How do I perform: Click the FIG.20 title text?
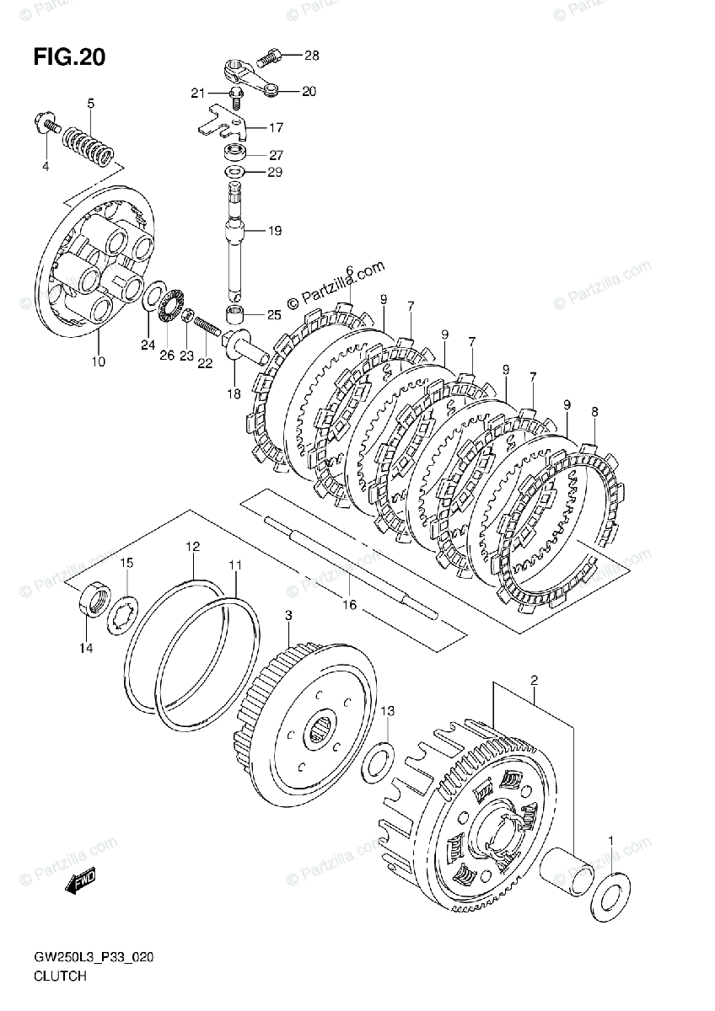69,57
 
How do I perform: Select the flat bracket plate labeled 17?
224,120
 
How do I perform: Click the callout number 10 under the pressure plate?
98,361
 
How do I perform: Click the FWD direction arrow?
81,883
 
